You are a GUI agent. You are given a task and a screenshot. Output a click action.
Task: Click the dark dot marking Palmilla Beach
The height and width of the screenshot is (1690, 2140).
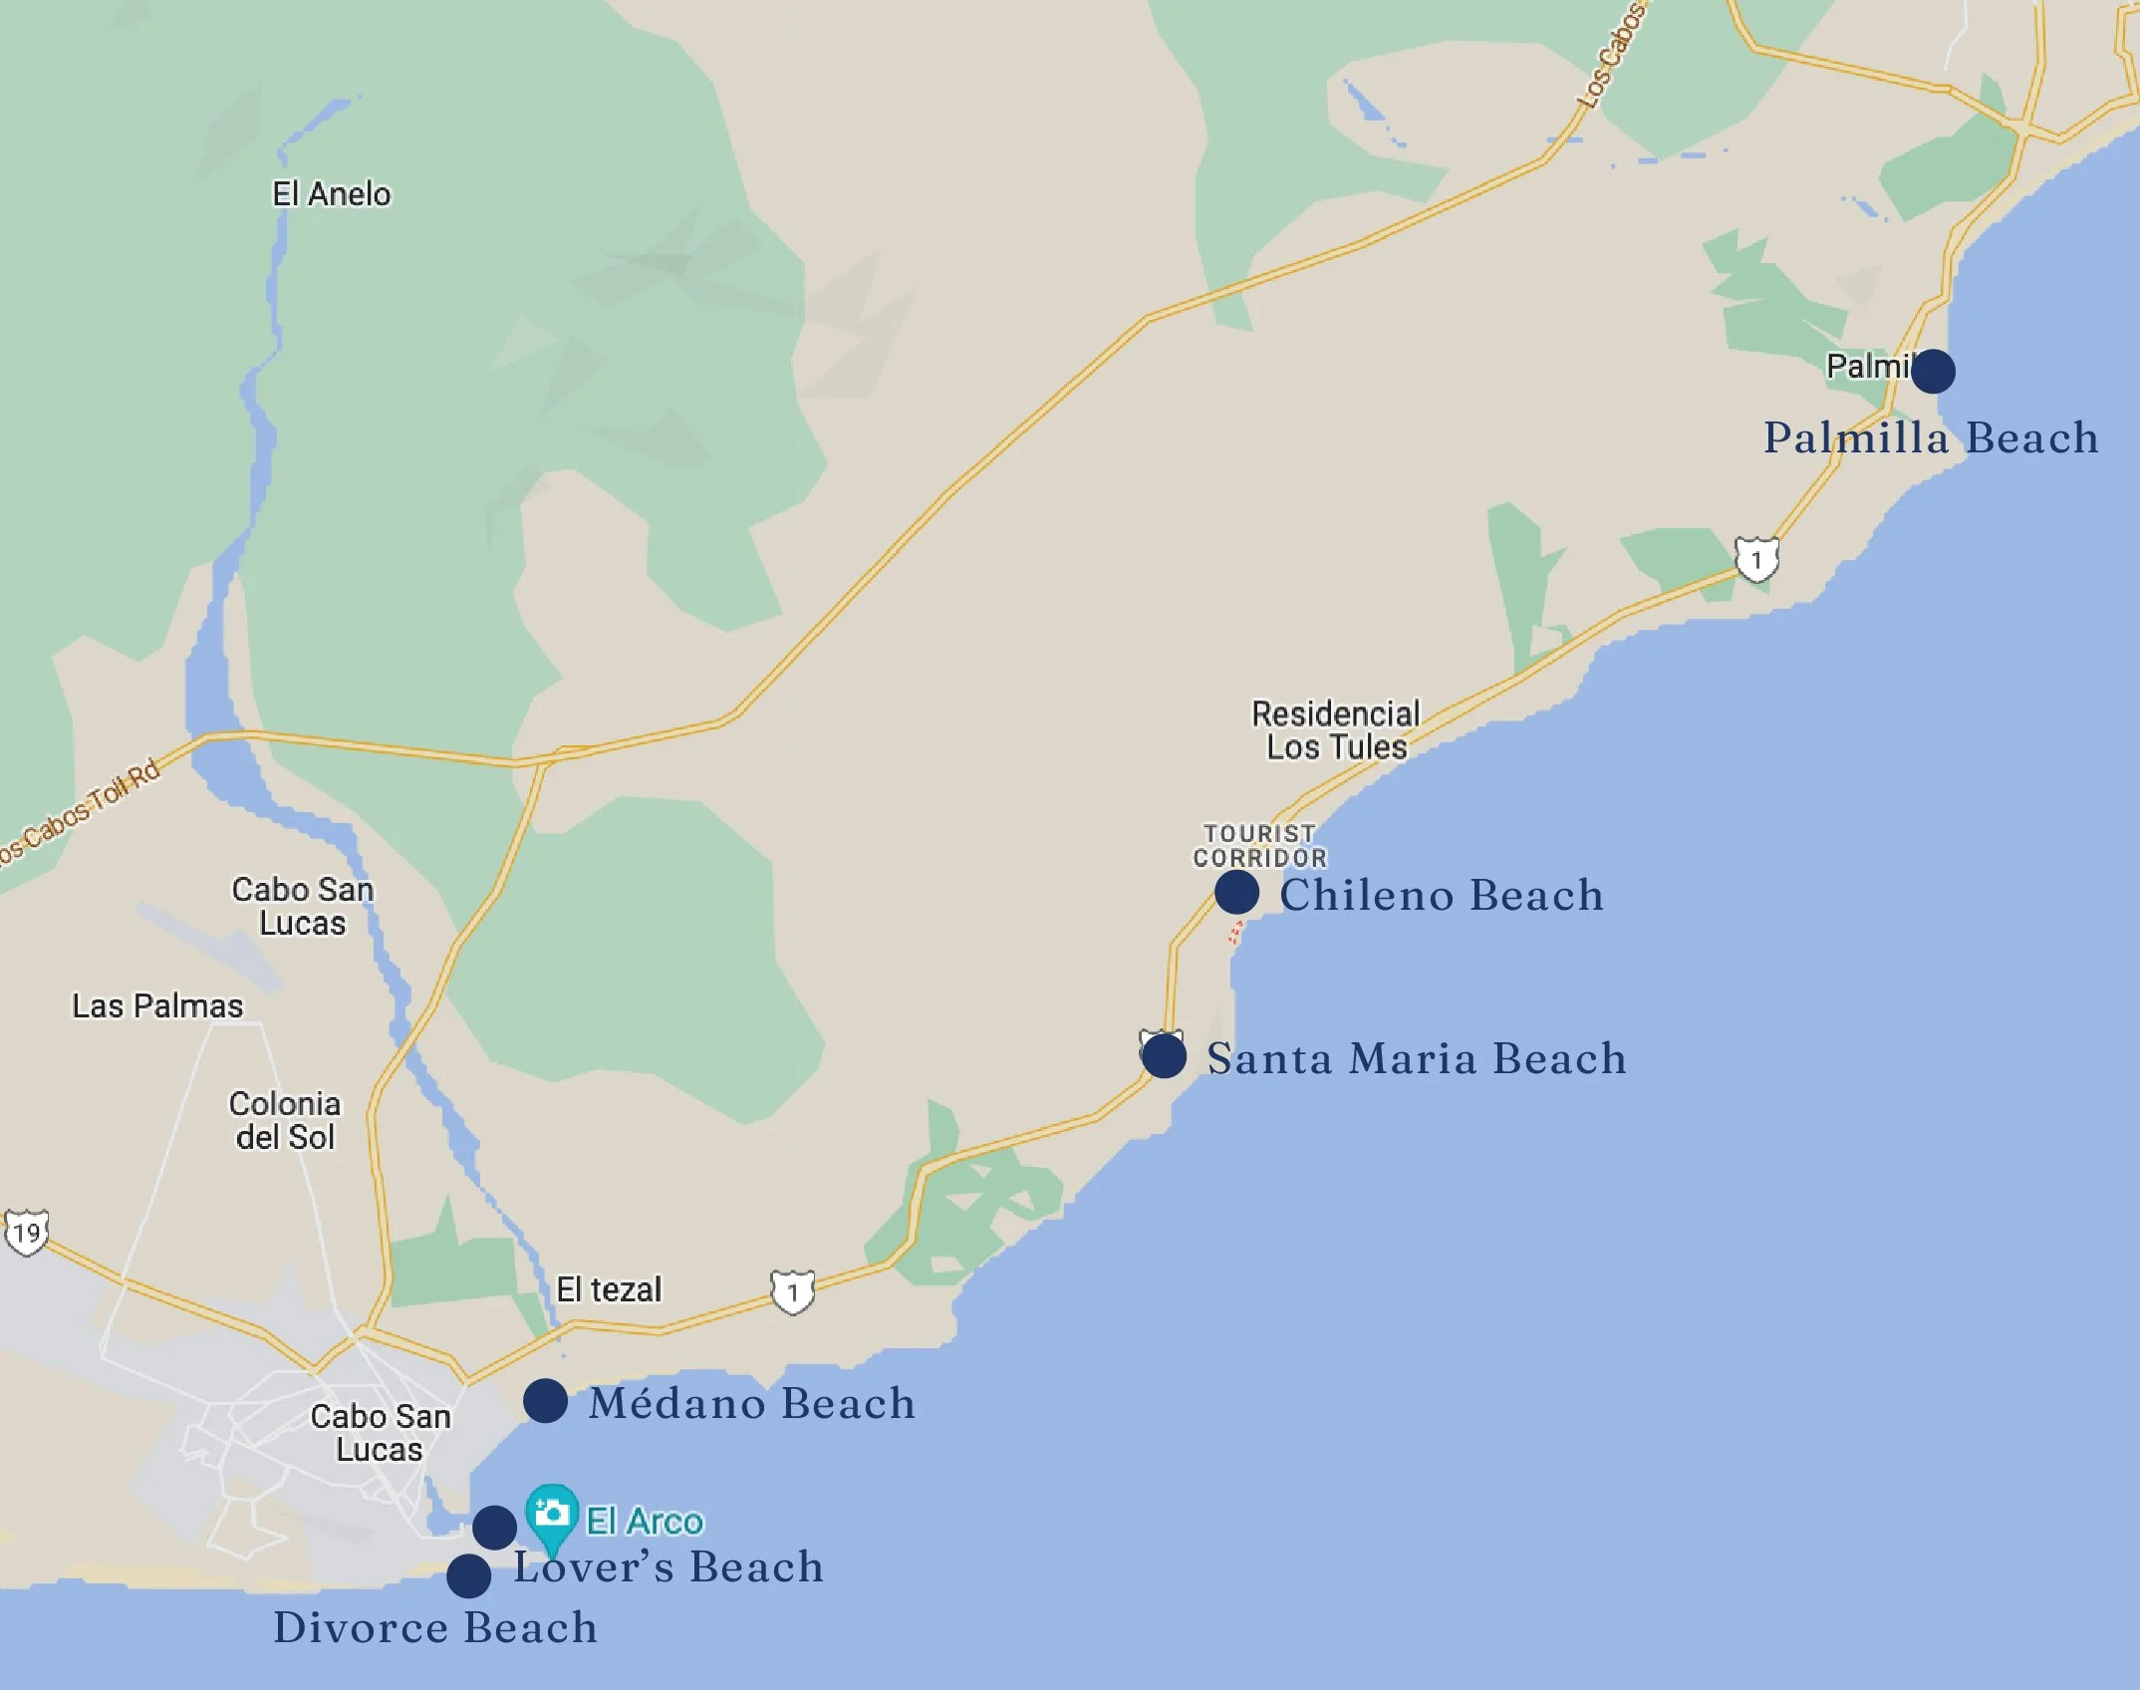pos(1933,371)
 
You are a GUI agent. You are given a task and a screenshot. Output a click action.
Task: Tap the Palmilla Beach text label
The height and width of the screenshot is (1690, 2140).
pos(1931,438)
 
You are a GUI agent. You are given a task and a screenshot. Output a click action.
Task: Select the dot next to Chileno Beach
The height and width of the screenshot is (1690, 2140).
pos(1236,892)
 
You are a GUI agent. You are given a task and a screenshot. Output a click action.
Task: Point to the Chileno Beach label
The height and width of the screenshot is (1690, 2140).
pos(1442,895)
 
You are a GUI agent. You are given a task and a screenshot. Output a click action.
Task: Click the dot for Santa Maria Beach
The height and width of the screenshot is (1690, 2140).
pos(1164,1056)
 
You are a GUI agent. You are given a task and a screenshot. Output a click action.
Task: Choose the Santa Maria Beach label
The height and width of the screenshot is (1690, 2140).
pos(1417,1058)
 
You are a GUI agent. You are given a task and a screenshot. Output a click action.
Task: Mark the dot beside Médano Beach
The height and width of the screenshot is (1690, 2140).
pos(545,1402)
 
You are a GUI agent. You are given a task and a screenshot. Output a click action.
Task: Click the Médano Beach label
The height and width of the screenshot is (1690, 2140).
pos(752,1403)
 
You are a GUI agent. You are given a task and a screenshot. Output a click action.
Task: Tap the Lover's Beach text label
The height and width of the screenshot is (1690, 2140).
pos(669,1567)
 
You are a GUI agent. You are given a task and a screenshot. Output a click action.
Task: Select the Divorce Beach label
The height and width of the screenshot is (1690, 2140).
pos(435,1628)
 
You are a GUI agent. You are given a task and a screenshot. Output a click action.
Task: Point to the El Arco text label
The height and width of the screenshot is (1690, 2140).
pos(645,1522)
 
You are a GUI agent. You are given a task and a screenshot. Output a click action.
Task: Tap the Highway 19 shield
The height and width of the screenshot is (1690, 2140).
pos(27,1234)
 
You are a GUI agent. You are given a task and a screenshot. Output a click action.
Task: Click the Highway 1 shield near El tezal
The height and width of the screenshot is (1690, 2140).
pos(793,1293)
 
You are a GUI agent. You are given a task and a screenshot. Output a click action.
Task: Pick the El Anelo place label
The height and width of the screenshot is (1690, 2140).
pos(332,194)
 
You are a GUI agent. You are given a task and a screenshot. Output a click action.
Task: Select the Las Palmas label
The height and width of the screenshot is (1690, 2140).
pos(157,1006)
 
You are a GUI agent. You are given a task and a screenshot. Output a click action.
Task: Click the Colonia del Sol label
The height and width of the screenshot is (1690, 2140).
pos(285,1120)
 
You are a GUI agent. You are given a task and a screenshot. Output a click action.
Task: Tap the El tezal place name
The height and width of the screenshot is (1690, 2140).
pos(609,1290)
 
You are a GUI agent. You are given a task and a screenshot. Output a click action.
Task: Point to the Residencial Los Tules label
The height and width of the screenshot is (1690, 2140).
pos(1336,730)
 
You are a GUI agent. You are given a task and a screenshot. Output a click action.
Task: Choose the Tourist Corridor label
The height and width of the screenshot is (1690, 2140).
pos(1260,846)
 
